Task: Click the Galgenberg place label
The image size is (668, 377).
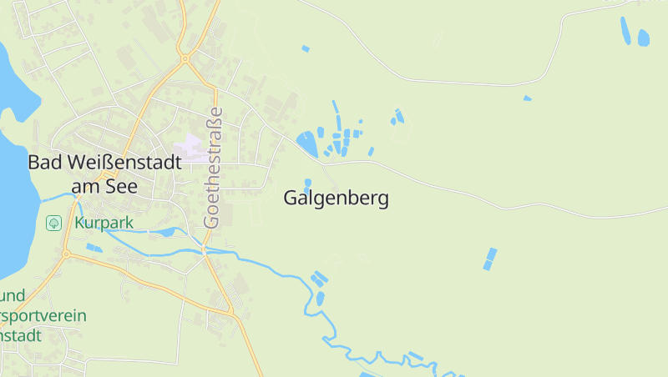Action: coord(336,199)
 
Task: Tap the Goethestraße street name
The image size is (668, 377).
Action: coord(215,167)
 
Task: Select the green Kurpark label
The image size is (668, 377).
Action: coord(104,224)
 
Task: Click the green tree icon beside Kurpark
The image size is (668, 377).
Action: coord(53,223)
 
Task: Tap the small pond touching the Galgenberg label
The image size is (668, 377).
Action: coord(308,183)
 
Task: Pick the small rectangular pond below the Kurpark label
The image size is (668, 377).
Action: coord(94,248)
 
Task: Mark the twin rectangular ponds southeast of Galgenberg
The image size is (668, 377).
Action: coord(489,259)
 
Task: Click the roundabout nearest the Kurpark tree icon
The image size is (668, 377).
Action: coord(66,254)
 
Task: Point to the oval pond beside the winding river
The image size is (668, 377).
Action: coord(320,298)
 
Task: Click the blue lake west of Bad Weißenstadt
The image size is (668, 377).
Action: coord(13,200)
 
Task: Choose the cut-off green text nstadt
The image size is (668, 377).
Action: coord(20,336)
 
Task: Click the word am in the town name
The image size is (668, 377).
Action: coord(85,187)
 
